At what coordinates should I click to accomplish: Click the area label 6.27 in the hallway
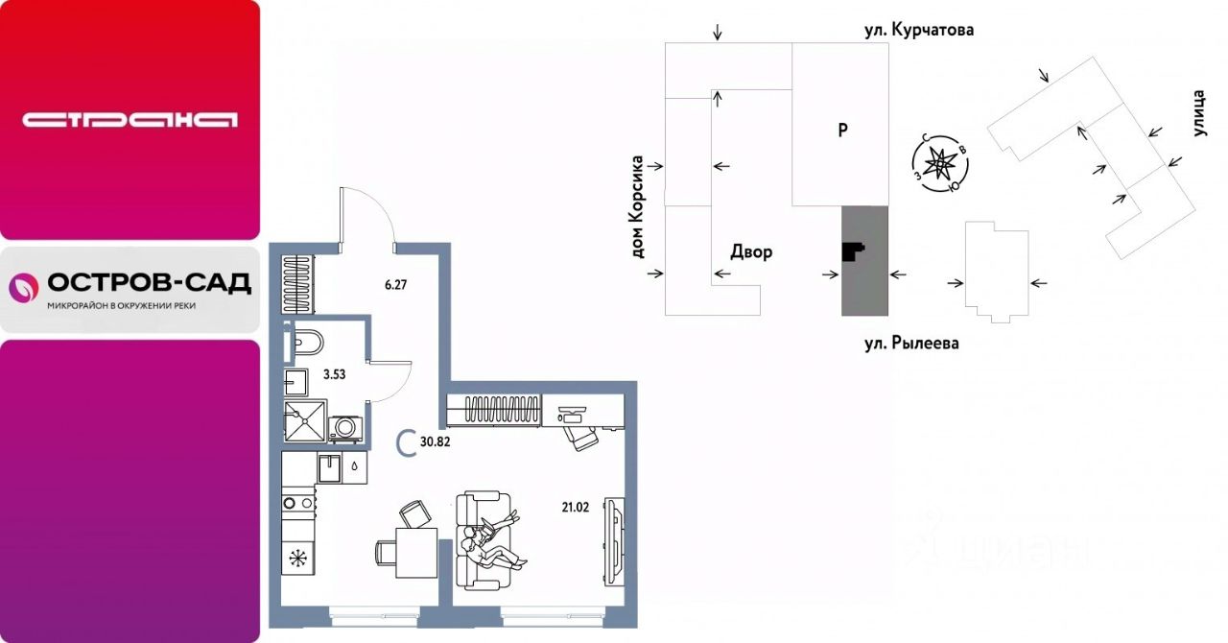pos(395,285)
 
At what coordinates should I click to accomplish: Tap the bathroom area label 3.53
pos(334,374)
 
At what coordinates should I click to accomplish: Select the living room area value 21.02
pos(575,508)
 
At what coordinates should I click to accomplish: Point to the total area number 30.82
pos(436,441)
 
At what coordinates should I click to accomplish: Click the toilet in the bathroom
pos(305,342)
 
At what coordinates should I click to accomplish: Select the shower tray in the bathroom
pos(305,420)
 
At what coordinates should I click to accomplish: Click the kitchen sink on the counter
pos(329,468)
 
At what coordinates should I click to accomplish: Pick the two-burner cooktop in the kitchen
pos(298,503)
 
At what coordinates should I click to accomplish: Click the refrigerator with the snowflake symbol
pos(298,558)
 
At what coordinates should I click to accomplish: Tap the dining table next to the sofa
pos(416,552)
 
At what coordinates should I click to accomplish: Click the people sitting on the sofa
pos(490,543)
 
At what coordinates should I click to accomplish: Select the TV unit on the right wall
pos(614,541)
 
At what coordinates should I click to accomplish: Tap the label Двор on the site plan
pos(751,251)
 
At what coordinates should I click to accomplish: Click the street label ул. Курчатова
pos(919,30)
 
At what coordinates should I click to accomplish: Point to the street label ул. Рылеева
pos(911,344)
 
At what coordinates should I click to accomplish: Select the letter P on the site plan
pos(843,131)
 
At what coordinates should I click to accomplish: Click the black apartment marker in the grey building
pos(852,251)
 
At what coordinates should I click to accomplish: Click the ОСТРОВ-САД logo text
pos(149,283)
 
